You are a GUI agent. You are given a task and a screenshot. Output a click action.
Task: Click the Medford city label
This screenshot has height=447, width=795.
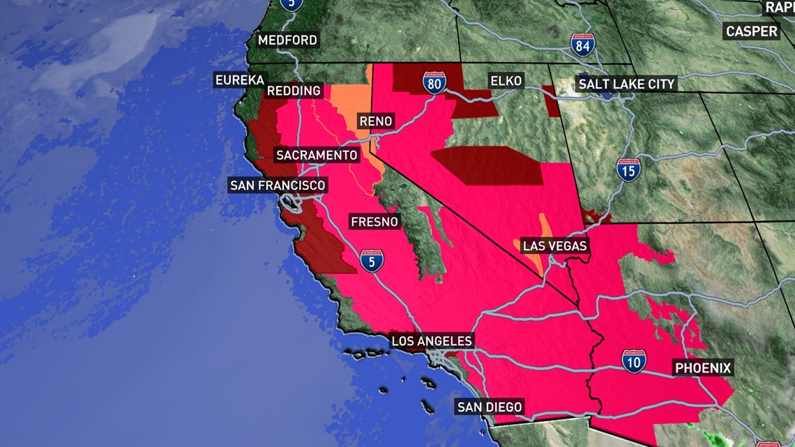tap(287, 40)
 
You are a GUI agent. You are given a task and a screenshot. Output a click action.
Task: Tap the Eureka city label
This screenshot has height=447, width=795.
tap(240, 80)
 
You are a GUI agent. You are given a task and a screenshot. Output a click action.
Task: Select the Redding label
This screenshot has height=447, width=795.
tap(294, 91)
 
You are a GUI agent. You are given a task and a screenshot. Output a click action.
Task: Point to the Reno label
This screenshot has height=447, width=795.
tap(376, 121)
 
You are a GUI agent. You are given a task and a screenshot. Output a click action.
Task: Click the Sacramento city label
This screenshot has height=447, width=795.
tap(317, 156)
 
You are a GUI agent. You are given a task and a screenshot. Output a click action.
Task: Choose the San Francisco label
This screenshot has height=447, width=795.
tap(278, 185)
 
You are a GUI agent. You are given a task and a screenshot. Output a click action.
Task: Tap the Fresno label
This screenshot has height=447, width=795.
tap(374, 222)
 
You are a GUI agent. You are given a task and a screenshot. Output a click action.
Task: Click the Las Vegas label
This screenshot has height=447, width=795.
tap(554, 246)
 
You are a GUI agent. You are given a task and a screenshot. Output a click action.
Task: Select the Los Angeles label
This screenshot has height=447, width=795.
tap(432, 341)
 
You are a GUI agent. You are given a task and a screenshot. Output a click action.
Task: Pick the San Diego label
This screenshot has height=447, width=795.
tap(489, 407)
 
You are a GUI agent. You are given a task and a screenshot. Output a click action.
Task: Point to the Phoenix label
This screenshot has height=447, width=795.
tap(702, 368)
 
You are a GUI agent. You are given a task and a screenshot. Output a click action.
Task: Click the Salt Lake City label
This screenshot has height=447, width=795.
tap(626, 84)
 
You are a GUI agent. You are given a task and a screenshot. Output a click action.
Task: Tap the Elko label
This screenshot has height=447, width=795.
tap(506, 81)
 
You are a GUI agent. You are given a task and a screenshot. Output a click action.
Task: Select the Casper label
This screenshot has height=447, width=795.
tap(751, 31)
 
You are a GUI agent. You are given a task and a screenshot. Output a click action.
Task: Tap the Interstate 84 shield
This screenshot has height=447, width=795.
tap(582, 45)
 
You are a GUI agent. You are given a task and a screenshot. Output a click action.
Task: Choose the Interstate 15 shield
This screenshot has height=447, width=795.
tap(629, 169)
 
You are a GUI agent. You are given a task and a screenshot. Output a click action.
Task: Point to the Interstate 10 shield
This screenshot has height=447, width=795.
tap(634, 361)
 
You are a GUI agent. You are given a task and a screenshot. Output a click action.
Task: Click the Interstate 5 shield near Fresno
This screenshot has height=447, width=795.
tap(372, 260)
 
